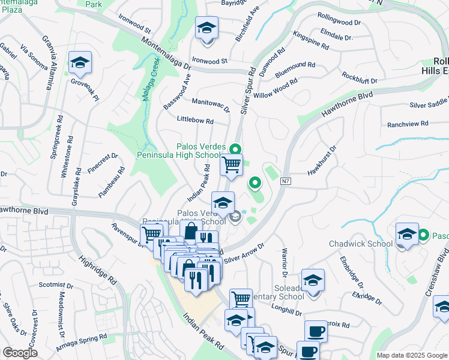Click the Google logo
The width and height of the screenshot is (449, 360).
(20, 353)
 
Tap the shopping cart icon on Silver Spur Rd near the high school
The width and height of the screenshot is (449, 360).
(231, 164)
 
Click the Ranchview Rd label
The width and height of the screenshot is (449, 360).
(408, 124)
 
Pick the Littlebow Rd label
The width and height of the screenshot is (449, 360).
(195, 120)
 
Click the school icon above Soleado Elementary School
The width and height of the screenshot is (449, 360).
(313, 279)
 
